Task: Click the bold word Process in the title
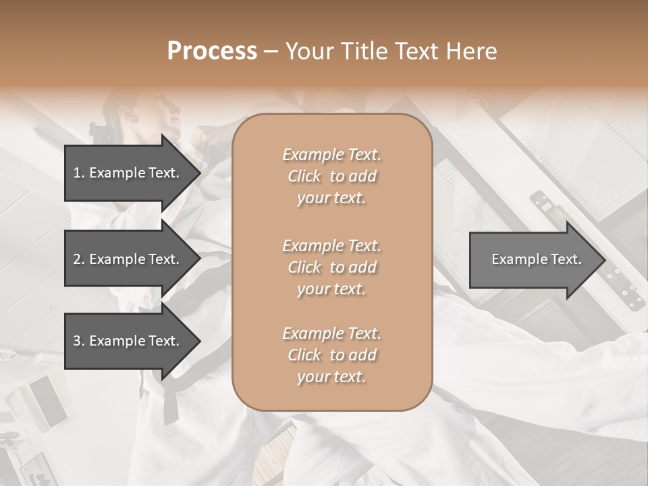pyautogui.click(x=212, y=51)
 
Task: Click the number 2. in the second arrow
pyautogui.click(x=79, y=259)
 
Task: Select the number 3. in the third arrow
pyautogui.click(x=79, y=341)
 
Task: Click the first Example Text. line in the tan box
pyautogui.click(x=331, y=155)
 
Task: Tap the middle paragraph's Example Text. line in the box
pyautogui.click(x=331, y=245)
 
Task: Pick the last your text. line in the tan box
pyautogui.click(x=331, y=377)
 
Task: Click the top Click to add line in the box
pyautogui.click(x=331, y=176)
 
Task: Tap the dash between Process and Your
pyautogui.click(x=271, y=52)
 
